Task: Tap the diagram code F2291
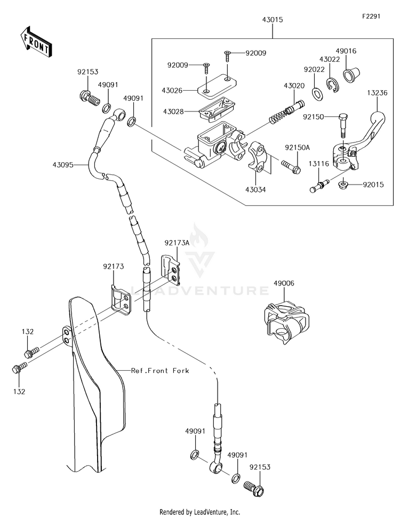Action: [371, 16]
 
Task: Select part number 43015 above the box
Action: [273, 19]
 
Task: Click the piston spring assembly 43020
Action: [286, 112]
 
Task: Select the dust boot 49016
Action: [351, 74]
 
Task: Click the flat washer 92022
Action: [318, 94]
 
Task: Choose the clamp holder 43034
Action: [258, 156]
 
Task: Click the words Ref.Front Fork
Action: [160, 371]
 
